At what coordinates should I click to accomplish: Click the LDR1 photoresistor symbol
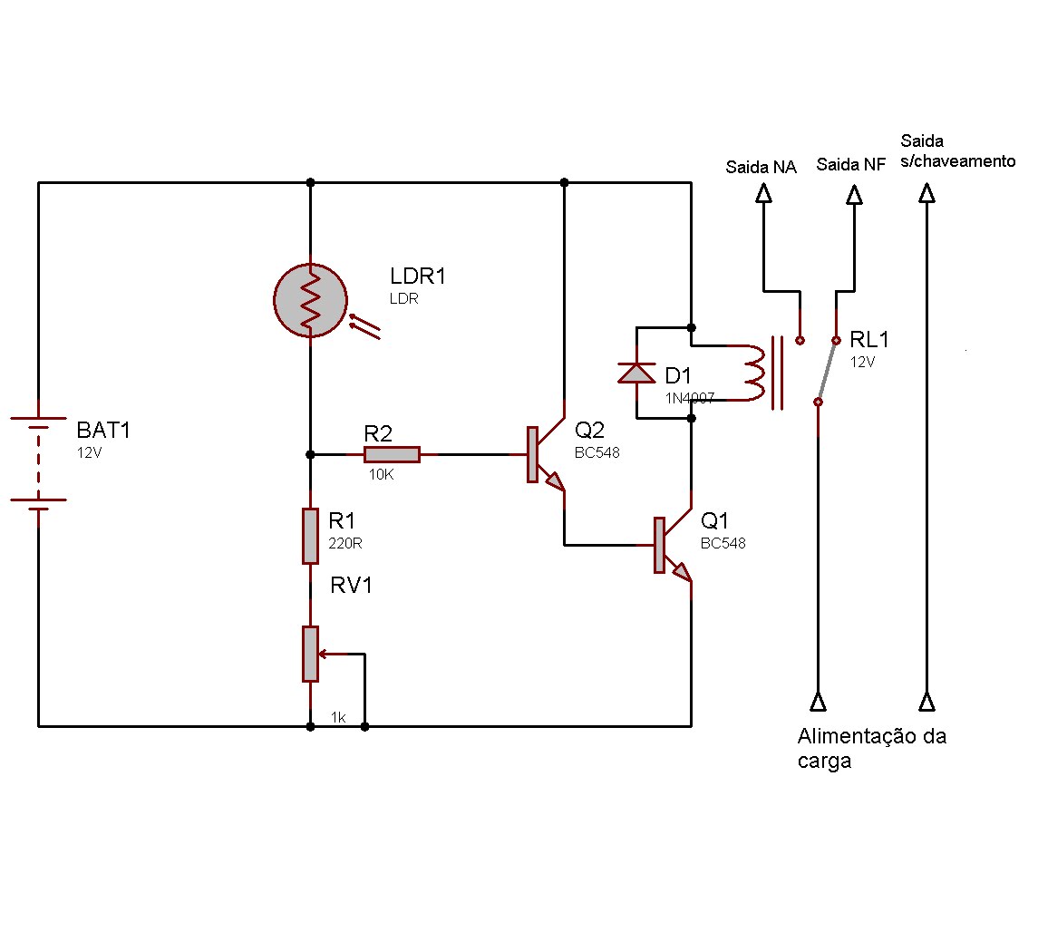311,299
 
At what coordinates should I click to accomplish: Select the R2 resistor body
392,454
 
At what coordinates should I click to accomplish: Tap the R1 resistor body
311,536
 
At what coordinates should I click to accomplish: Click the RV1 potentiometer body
311,653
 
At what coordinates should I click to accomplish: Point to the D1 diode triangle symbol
636,373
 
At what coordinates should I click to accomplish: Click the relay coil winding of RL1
755,373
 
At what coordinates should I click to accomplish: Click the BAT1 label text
103,430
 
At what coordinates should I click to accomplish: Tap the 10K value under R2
381,474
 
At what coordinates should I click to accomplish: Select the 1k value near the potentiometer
338,717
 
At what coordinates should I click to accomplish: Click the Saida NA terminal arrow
763,193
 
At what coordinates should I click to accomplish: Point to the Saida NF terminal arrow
854,193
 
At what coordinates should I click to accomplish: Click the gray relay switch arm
827,372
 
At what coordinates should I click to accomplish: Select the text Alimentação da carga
870,748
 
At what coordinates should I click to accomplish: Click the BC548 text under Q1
723,543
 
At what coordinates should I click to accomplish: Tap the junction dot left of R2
311,454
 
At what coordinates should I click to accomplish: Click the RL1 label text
869,340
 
